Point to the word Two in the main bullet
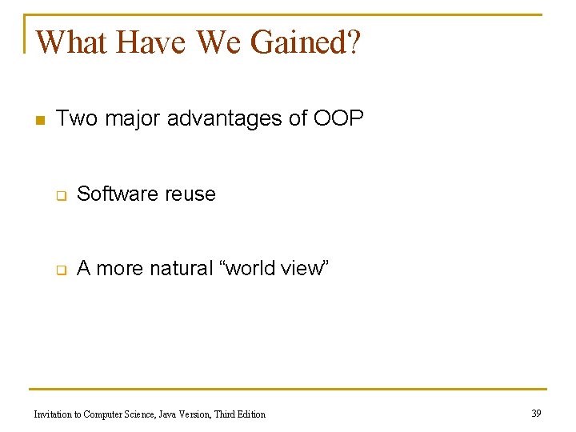pos(75,119)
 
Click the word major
pos(128,120)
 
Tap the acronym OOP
pos(338,119)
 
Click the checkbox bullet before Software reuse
pos(59,195)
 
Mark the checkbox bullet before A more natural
pos(59,270)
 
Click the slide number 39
pos(536,413)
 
